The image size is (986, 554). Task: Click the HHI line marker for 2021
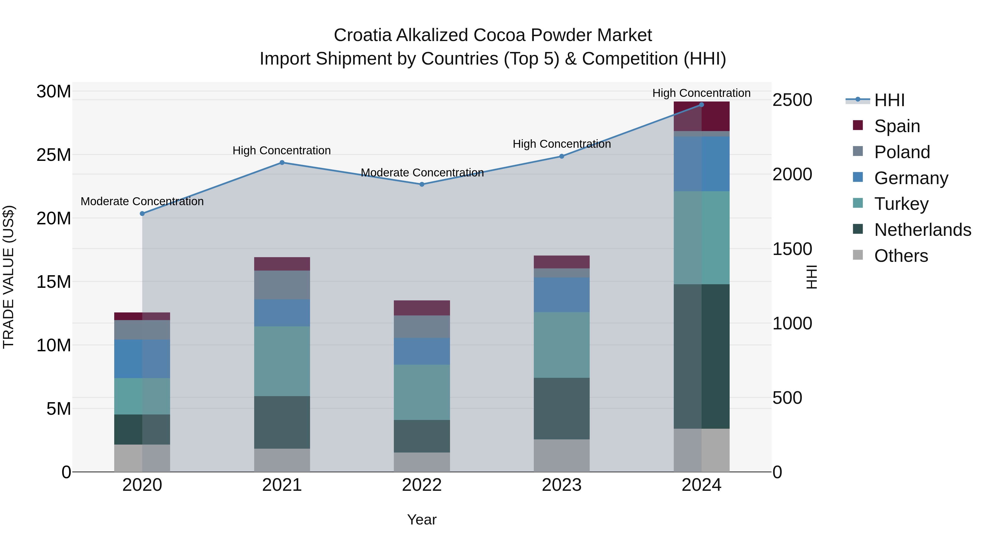282,163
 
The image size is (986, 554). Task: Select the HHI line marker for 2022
422,184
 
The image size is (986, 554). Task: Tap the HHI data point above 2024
701,105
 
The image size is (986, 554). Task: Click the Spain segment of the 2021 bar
282,264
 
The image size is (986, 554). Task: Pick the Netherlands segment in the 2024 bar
701,356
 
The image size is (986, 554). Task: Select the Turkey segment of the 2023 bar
561,345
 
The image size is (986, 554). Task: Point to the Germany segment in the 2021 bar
282,313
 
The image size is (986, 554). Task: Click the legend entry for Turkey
901,204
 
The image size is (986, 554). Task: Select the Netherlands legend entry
922,230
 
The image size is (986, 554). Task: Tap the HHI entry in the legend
889,100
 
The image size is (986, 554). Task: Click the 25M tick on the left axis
54,155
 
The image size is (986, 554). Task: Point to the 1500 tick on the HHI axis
792,249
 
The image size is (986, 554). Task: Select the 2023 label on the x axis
561,485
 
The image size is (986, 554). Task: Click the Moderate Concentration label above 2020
142,201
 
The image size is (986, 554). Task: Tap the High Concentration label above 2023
561,144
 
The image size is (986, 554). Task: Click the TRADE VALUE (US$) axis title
8,277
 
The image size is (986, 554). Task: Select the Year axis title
422,520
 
